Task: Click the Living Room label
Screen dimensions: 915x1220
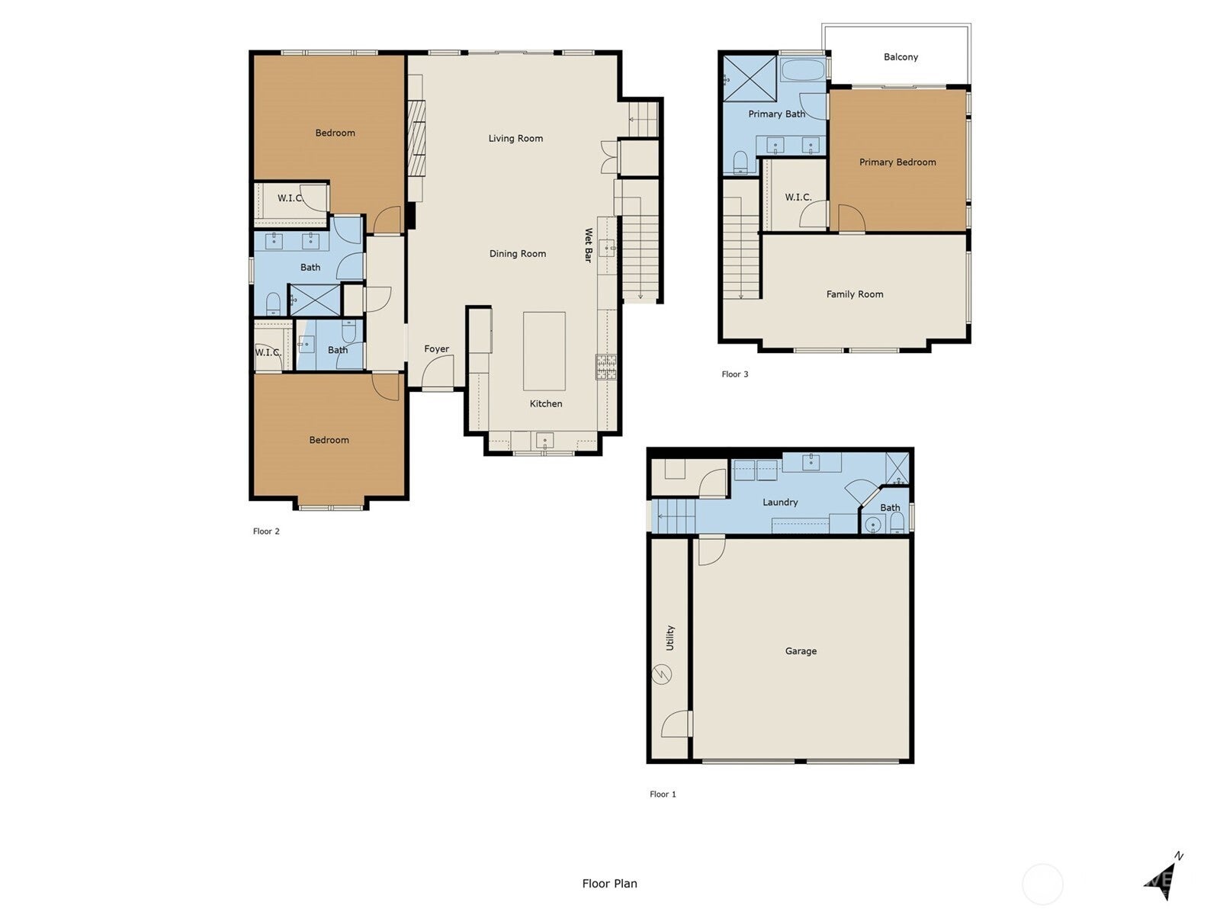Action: point(515,138)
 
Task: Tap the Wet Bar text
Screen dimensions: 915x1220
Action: point(588,246)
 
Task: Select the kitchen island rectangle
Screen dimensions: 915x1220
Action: point(544,351)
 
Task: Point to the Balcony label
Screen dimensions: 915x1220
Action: point(901,56)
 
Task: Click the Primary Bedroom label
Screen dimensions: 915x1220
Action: point(897,162)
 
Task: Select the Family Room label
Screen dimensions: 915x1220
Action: point(855,294)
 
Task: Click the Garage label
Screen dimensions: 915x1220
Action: point(801,650)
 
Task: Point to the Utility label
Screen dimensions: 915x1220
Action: point(670,637)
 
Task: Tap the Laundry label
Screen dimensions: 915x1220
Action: point(780,502)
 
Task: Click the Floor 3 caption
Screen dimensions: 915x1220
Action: point(735,374)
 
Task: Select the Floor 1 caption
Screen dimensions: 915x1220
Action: point(663,794)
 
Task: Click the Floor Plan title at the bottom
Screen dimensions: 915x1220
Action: point(609,884)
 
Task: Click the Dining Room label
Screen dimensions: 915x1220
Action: point(517,253)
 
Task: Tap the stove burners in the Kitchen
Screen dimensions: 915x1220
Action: point(605,367)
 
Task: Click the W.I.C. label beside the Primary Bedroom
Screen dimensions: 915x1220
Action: point(798,197)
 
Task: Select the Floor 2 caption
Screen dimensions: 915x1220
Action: point(266,531)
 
